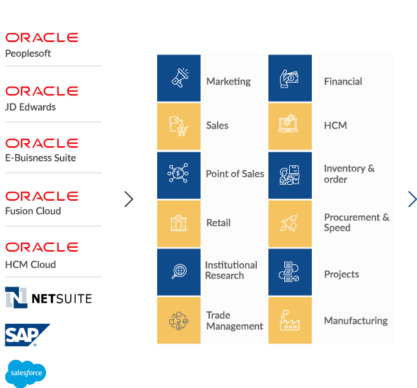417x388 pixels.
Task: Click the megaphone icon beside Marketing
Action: point(179,78)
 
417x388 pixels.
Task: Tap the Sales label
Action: point(217,125)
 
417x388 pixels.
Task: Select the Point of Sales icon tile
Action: point(179,174)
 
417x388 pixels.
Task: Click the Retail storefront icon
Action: point(179,223)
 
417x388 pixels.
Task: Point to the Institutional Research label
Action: point(231,270)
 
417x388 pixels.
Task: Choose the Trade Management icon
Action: point(179,320)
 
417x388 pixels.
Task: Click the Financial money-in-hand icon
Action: point(290,78)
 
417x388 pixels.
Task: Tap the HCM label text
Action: point(335,125)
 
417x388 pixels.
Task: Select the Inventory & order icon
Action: point(290,174)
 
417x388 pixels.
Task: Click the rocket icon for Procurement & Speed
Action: point(290,223)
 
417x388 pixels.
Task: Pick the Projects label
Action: point(341,274)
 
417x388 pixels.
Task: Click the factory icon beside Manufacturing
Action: point(290,320)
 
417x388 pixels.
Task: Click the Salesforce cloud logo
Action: point(26,373)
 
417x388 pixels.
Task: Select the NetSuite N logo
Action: point(16,297)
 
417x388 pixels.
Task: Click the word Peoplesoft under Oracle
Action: point(28,53)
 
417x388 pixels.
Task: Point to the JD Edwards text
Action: point(31,107)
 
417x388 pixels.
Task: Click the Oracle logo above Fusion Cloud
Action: point(42,196)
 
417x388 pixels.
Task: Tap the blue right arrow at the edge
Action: point(412,199)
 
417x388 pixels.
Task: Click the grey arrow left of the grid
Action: point(128,199)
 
